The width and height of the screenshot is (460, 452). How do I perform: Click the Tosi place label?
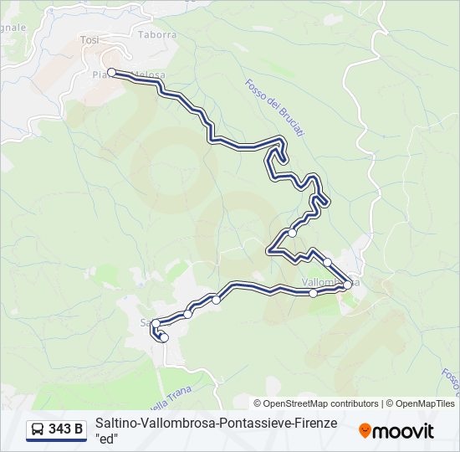pos(89,39)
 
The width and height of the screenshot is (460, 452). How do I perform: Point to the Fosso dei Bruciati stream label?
pos(273,108)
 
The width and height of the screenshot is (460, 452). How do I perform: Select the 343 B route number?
pos(66,429)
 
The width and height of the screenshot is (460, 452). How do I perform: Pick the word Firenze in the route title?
pos(311,424)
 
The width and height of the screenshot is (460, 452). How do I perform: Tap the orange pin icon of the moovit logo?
pos(365,431)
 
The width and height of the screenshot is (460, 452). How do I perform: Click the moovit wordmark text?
pos(403,431)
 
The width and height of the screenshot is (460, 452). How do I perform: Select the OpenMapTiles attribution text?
pos(422,403)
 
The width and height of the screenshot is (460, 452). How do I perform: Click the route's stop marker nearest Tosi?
pos(110,73)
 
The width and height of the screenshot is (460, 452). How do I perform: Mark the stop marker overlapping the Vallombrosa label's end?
pos(348,285)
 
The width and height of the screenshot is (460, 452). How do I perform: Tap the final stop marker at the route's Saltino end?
pos(164,338)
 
